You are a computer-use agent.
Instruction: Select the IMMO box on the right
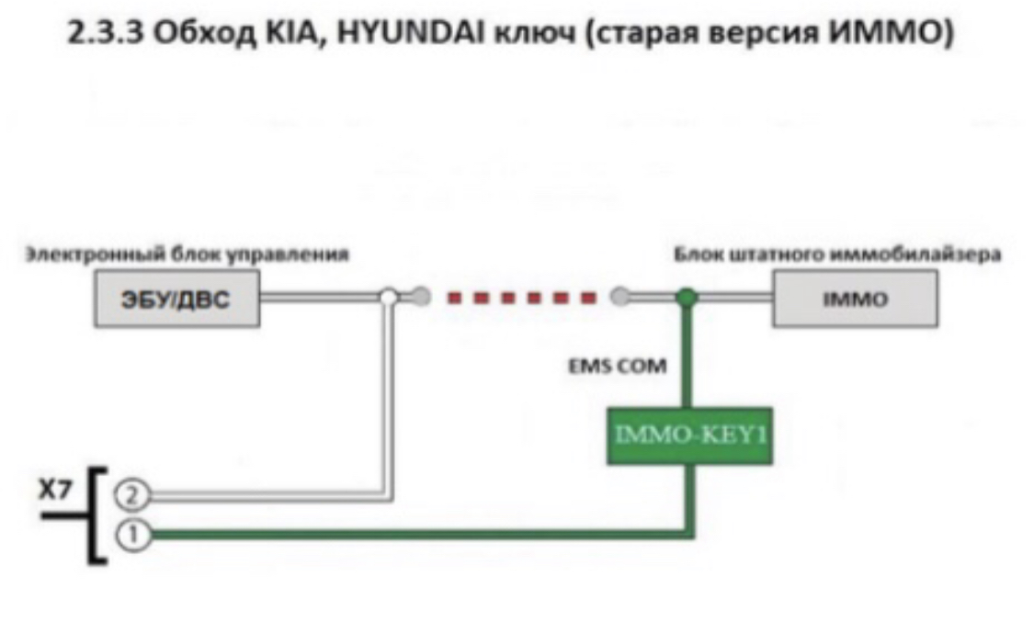854,300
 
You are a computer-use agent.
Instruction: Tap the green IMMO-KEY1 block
688,433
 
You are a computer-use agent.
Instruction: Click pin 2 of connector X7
131,496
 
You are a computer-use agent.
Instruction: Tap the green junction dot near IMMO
685,297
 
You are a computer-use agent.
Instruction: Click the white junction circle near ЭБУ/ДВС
390,297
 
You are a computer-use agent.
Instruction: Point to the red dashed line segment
520,297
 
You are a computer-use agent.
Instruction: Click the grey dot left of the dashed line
421,297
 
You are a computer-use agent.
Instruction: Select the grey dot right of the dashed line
620,297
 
